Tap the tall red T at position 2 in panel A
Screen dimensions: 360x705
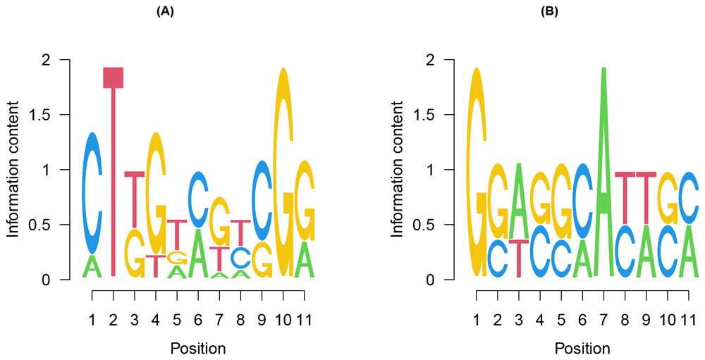click(x=114, y=176)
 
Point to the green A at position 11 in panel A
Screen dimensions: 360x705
click(x=304, y=260)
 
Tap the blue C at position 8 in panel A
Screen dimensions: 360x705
click(x=241, y=256)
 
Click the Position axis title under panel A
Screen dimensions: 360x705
click(x=198, y=348)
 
